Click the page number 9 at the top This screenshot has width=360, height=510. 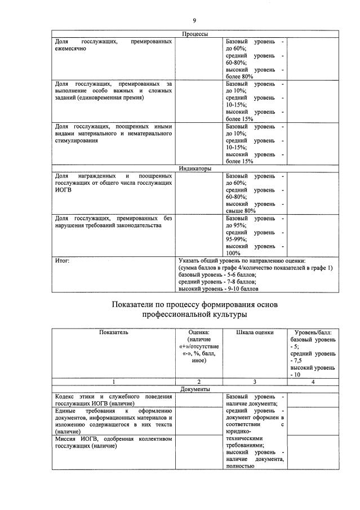[x=194, y=20]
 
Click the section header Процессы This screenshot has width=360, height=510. [x=195, y=34]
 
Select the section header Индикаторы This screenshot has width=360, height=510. [x=195, y=168]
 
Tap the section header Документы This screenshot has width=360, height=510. [x=195, y=389]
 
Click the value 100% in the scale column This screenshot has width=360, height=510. [x=233, y=253]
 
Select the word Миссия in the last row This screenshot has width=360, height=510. [x=66, y=438]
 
